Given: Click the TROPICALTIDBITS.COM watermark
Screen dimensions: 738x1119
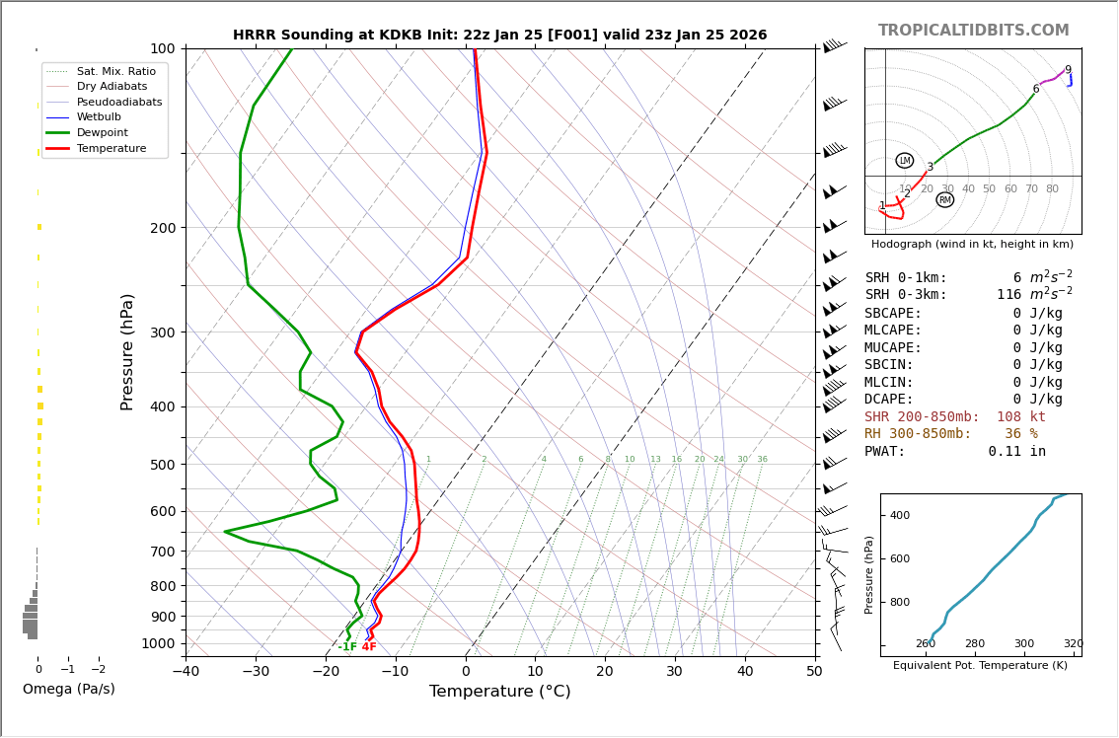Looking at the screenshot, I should click(973, 31).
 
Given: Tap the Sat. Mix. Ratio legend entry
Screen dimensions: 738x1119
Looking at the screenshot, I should click(115, 71).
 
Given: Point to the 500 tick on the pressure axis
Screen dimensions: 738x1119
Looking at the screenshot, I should click(162, 465).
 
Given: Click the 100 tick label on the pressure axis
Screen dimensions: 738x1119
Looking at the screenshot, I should click(162, 48).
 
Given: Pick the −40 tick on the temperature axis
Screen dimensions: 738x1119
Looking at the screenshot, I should click(186, 672).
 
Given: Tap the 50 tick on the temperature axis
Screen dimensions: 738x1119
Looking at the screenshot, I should click(814, 672).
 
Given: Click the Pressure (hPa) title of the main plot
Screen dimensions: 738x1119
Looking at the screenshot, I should click(127, 351).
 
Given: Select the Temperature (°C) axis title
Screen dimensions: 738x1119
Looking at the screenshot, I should click(499, 692).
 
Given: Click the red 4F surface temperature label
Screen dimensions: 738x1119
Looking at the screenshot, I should click(369, 647).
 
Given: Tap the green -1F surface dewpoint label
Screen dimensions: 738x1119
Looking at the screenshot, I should click(347, 647).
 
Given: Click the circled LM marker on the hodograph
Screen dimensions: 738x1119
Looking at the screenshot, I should click(905, 161).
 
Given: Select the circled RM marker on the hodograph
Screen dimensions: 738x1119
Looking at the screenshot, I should click(945, 200).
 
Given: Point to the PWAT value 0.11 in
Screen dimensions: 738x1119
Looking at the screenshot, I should click(1016, 452).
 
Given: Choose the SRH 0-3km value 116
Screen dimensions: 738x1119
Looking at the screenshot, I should click(1008, 295).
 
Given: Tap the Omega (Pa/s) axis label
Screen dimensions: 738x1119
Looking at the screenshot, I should click(68, 689).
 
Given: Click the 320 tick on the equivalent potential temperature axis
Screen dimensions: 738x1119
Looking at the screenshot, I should click(1073, 644).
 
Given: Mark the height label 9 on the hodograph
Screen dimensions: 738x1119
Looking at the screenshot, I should click(1068, 70).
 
